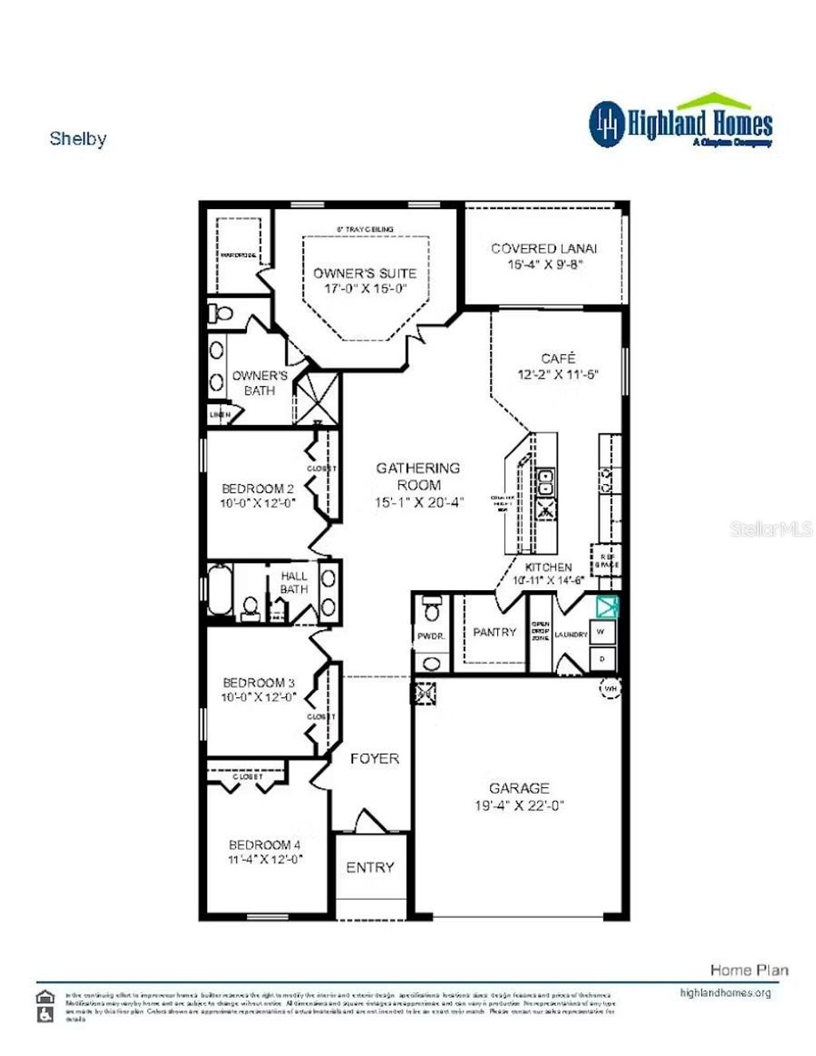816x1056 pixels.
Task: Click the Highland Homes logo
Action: [681, 123]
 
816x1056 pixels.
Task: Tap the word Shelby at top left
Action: [77, 138]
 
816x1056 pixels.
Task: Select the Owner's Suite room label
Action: [364, 273]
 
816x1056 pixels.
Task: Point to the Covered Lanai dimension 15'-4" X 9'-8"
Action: [546, 264]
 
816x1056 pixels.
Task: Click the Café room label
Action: [557, 358]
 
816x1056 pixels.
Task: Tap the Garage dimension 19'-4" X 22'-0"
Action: [519, 806]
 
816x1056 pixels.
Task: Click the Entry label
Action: [370, 867]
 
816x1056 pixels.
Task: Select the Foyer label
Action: [375, 759]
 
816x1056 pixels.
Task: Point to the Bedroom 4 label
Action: [265, 845]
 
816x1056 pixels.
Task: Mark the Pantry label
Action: [494, 632]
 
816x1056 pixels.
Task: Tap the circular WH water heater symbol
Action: [610, 688]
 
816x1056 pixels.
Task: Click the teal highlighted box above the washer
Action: [607, 605]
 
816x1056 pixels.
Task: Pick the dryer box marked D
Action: [602, 659]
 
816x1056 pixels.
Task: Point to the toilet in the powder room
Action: [432, 609]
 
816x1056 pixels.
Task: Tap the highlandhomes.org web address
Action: [725, 993]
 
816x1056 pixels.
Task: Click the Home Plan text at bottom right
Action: [749, 970]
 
